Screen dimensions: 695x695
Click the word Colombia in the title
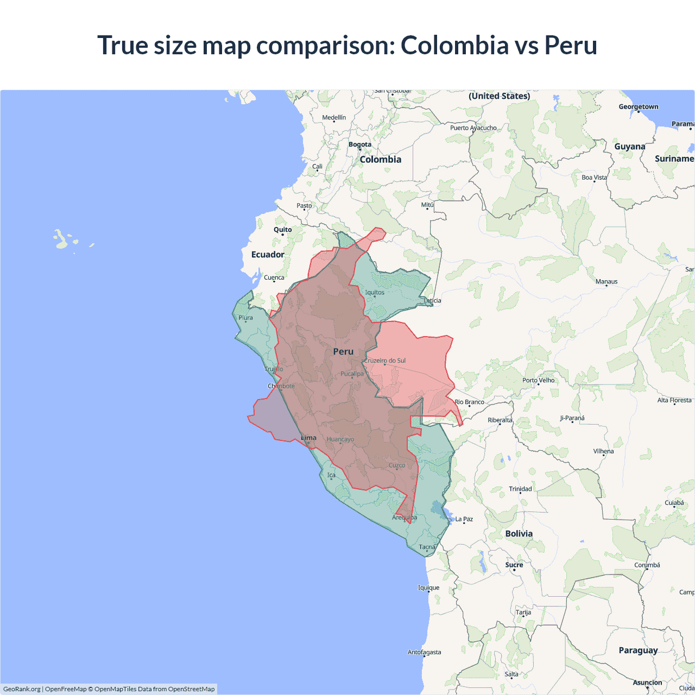pos(454,45)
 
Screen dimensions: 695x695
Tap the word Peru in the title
pos(571,45)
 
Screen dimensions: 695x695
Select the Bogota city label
pos(360,144)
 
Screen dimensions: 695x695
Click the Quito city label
pos(282,230)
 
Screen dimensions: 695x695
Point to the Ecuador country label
pos(268,255)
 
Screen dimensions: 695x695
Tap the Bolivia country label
pos(519,534)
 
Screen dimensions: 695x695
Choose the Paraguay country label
pos(638,650)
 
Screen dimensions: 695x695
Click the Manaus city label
pos(606,282)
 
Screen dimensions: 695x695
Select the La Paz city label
pos(464,519)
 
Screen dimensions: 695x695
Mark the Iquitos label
pos(375,293)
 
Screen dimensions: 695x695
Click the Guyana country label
pos(630,147)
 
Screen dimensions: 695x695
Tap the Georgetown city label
pos(639,107)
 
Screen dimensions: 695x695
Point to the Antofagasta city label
pos(424,652)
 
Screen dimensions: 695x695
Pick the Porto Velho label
pos(539,380)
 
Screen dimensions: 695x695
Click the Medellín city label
pos(334,117)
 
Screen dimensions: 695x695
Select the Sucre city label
pos(514,565)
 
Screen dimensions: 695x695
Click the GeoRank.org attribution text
pos(22,689)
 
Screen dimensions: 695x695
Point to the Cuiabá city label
pos(674,503)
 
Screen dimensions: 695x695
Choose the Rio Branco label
pos(470,402)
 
